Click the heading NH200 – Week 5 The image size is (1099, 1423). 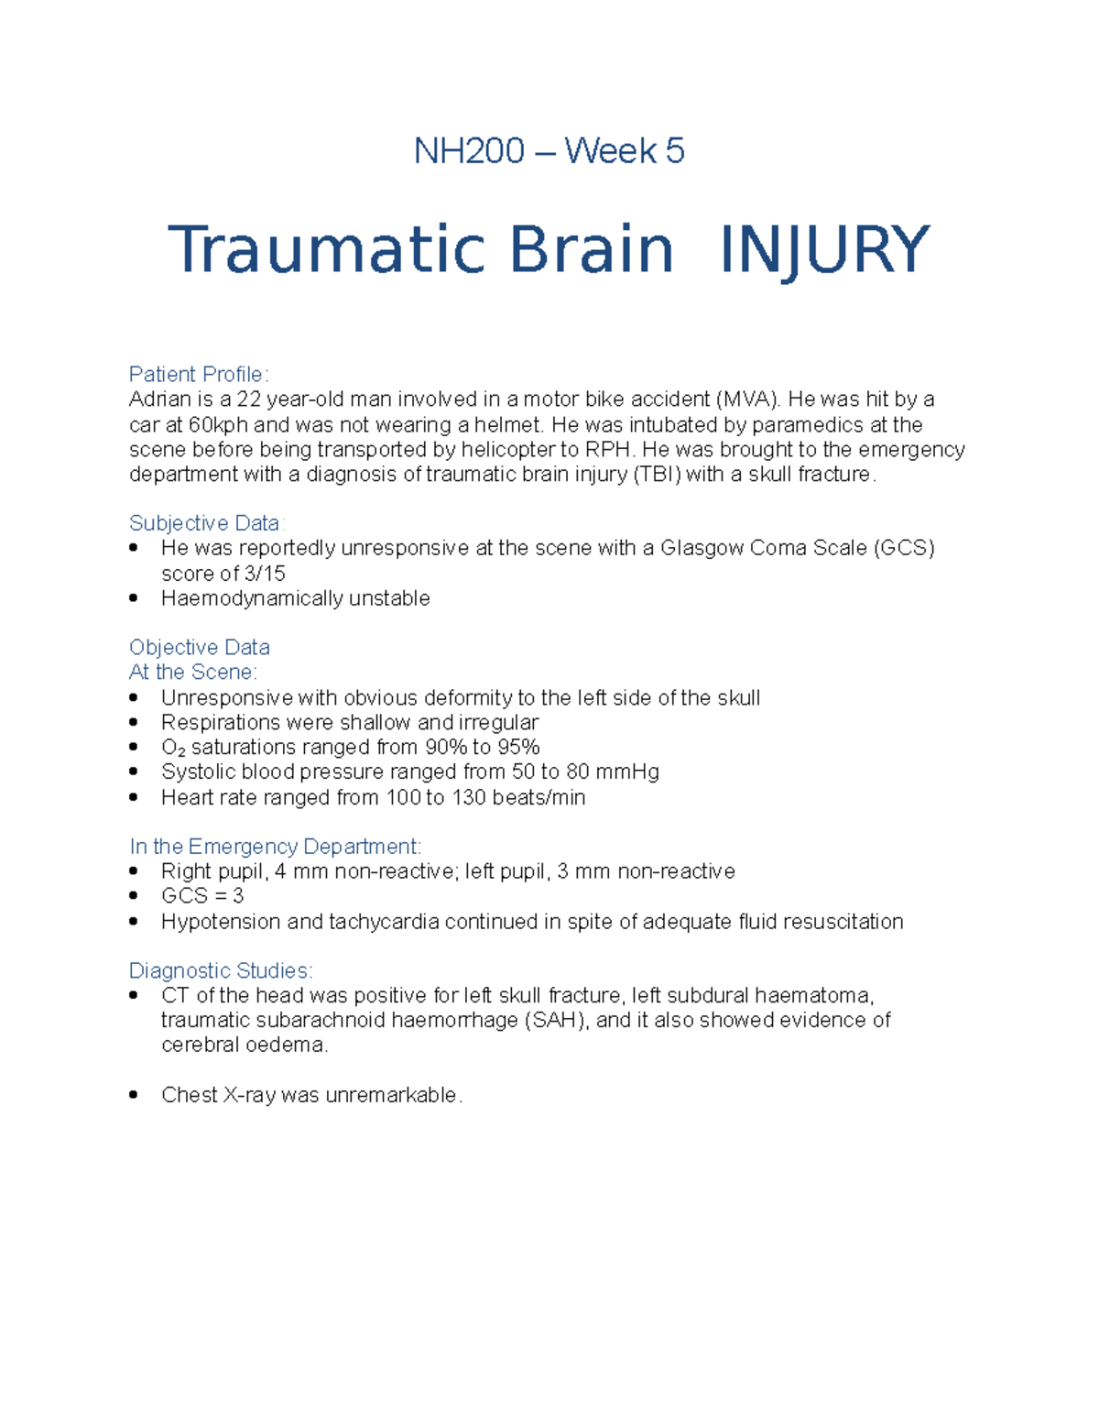(x=549, y=151)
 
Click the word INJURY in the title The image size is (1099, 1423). (x=824, y=250)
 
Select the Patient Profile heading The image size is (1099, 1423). (x=198, y=374)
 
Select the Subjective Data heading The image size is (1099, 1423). (x=206, y=523)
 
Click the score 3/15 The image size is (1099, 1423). (x=264, y=574)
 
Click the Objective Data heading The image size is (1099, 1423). (x=200, y=648)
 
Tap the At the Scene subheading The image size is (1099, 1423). (x=192, y=673)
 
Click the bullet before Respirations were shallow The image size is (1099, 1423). (x=134, y=723)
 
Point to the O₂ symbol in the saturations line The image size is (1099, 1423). (x=173, y=748)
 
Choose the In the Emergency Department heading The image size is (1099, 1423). (x=275, y=847)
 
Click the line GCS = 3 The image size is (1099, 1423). (x=202, y=896)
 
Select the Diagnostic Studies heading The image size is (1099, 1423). (x=221, y=971)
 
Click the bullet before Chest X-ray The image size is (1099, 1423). (x=134, y=1095)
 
